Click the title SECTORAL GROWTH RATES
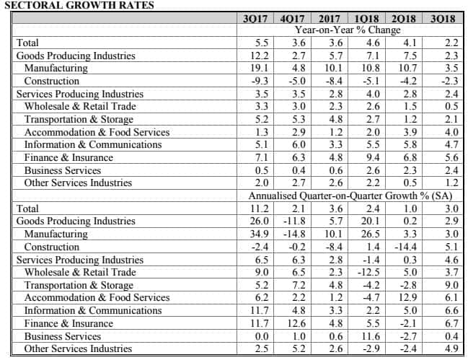tap(79, 5)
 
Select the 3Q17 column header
tap(255, 19)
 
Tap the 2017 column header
tap(330, 19)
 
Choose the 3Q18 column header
tap(443, 19)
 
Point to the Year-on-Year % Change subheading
tap(348, 30)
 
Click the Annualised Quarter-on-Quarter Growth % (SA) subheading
tap(350, 196)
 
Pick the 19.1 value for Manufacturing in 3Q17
tap(260, 68)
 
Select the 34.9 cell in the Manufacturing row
tap(260, 234)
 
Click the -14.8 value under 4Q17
tap(294, 234)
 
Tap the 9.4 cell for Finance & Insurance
tap(373, 157)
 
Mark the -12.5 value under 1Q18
tap(368, 272)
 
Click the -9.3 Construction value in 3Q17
tap(260, 81)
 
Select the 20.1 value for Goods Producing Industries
tap(371, 221)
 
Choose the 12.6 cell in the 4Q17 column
tap(296, 323)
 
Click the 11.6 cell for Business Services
tap(371, 336)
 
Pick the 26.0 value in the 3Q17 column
tap(260, 221)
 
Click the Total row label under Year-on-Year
tap(27, 43)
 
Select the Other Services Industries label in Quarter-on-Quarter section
tap(78, 348)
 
